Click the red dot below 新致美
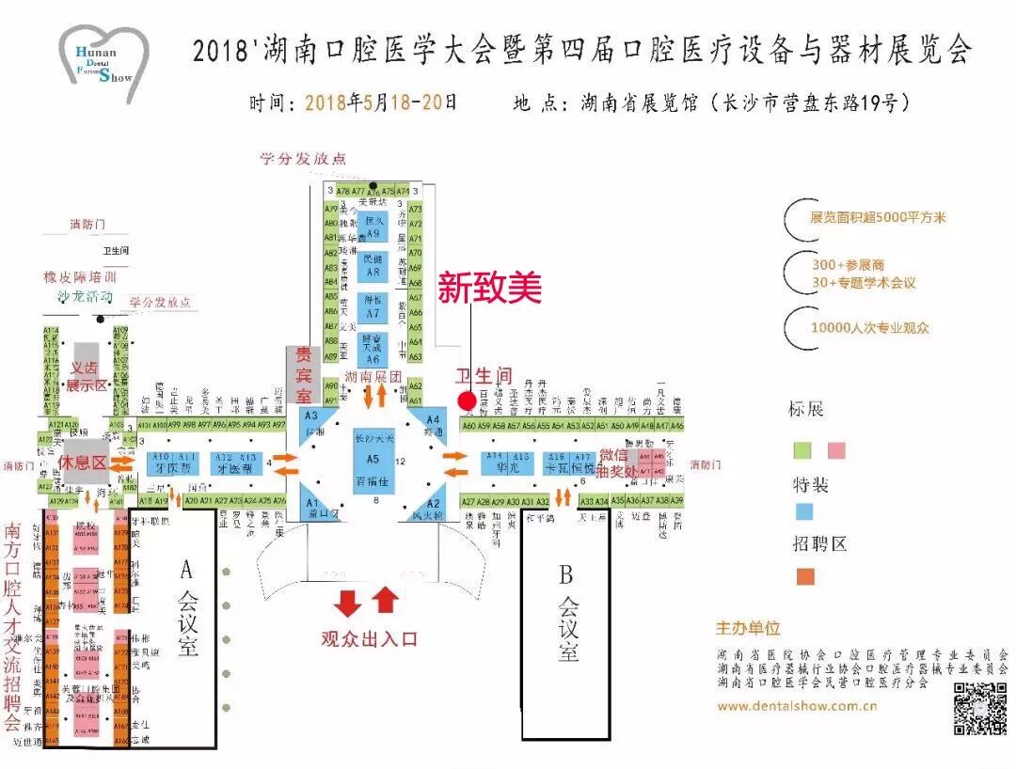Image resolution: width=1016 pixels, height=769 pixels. point(467,400)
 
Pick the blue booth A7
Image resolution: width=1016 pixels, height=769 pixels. point(373,307)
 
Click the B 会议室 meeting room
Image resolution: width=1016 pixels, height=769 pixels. point(566,625)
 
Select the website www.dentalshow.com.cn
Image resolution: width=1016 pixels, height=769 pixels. point(797,706)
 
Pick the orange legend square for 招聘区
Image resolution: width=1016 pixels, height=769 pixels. point(804,576)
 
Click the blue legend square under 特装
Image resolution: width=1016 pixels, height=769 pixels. point(804,513)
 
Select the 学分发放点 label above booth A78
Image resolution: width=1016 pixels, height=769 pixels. point(304,159)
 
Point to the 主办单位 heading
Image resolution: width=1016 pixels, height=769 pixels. point(748,628)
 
